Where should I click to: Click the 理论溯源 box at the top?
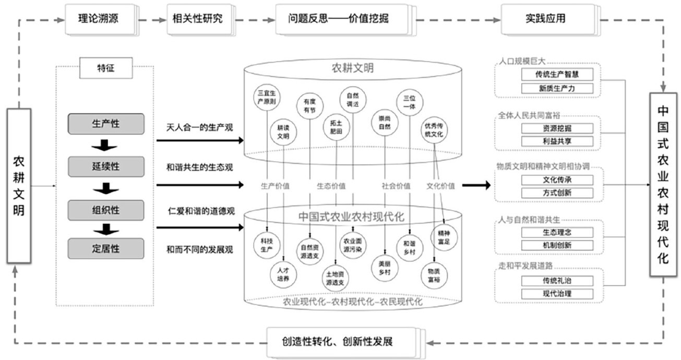[99, 19]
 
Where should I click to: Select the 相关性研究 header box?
[197, 19]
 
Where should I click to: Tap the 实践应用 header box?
[546, 19]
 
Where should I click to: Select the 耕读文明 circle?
[283, 132]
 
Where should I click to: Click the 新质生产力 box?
[557, 88]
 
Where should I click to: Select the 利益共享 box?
[557, 141]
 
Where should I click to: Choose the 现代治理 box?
[557, 294]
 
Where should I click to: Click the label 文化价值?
[440, 185]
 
